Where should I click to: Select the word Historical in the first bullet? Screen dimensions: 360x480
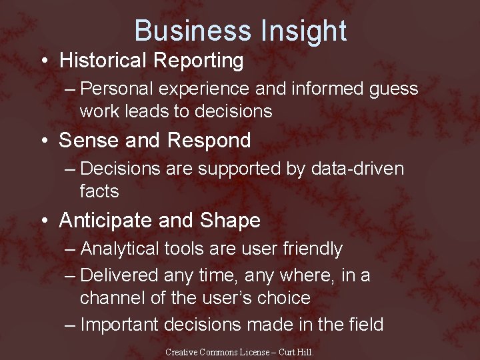pos(103,61)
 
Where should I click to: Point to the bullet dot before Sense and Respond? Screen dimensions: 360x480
pos(43,141)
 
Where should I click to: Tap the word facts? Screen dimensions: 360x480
pos(99,192)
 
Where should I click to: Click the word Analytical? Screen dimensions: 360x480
pos(122,249)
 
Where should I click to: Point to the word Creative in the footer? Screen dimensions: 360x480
pos(182,352)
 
